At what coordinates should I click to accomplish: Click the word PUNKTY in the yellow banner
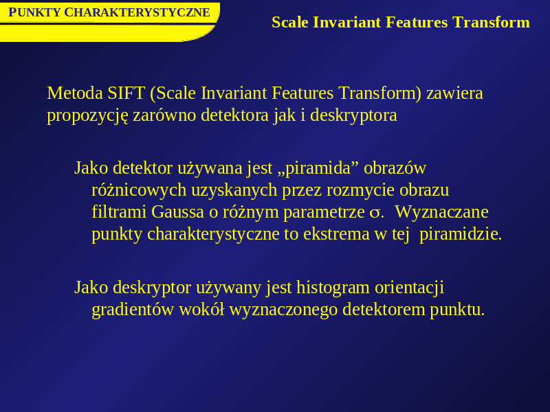point(34,12)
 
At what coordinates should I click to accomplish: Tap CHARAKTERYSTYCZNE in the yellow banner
point(137,12)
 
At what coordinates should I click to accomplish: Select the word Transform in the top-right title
point(491,23)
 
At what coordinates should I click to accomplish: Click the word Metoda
point(75,93)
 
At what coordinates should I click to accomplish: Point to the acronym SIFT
point(126,93)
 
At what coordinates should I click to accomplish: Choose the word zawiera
point(454,93)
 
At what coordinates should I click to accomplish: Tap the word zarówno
point(164,115)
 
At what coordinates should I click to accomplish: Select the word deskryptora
point(353,115)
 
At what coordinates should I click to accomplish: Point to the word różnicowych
point(139,191)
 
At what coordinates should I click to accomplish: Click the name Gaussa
point(177,212)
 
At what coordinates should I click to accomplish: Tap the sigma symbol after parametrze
point(374,214)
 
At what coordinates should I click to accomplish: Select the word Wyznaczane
point(441,212)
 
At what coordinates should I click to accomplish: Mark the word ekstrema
point(336,234)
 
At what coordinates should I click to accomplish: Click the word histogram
point(333,288)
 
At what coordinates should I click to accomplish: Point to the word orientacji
point(409,288)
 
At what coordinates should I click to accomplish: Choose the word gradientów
point(133,310)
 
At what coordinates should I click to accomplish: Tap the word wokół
point(201,310)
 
